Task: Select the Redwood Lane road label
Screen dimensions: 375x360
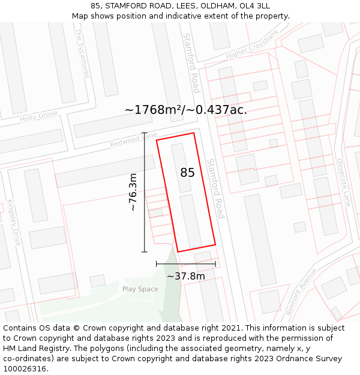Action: tap(133, 140)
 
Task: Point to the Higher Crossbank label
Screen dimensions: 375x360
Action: tap(252, 45)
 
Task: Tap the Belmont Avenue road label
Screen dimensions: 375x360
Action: tap(302, 290)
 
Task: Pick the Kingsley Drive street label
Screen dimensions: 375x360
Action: tap(14, 223)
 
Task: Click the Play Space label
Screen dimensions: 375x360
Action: tap(140, 289)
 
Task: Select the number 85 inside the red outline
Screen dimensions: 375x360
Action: tap(187, 173)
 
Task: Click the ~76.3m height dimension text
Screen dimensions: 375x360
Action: tap(133, 192)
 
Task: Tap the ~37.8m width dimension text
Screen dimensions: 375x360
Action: tap(185, 276)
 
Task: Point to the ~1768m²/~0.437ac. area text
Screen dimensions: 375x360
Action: tap(185, 110)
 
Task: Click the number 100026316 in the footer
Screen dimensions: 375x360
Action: tap(26, 368)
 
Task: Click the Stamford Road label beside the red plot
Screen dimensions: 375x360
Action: tap(215, 188)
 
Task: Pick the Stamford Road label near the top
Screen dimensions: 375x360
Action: tap(191, 62)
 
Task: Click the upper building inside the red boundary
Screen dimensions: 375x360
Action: tap(181, 167)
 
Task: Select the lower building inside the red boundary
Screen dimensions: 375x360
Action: tap(191, 220)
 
